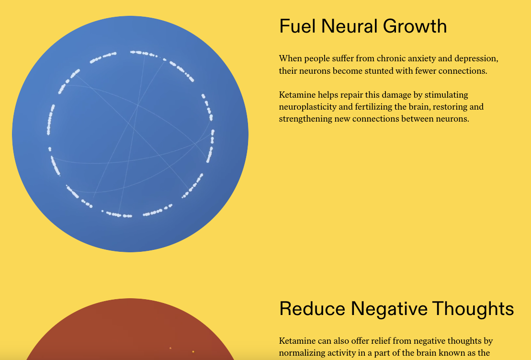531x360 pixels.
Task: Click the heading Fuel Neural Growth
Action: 363,26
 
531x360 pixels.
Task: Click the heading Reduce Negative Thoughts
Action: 396,308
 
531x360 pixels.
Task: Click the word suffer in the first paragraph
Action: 340,58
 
